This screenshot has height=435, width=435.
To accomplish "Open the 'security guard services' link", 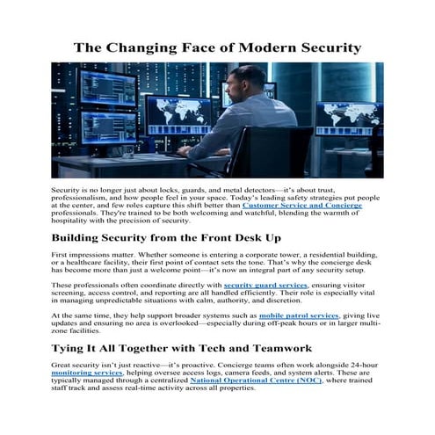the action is tap(265, 286).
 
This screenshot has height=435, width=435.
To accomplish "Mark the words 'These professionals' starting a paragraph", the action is tap(86, 286).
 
